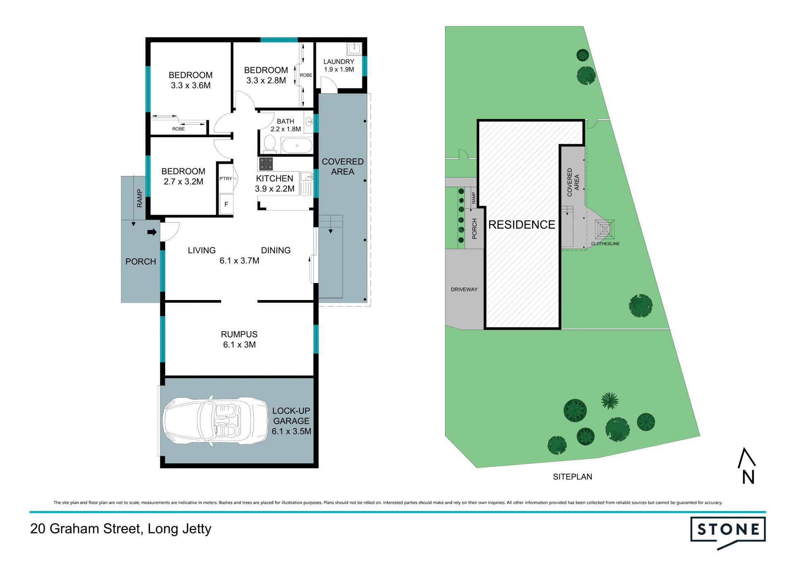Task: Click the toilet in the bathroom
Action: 270,144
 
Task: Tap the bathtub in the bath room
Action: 297,146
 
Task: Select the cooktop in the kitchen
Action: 266,164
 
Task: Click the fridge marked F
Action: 226,204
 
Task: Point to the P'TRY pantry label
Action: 226,179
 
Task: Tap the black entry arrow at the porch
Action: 152,232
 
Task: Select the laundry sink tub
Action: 355,49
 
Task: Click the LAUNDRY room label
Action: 339,62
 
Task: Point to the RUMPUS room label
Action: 239,334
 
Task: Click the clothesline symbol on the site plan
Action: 605,229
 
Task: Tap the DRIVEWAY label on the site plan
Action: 464,289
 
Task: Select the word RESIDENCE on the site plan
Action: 522,225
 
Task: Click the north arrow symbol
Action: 747,465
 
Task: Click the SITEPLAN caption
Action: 573,477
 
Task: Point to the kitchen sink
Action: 307,183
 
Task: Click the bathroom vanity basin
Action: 309,122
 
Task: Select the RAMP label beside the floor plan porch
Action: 140,198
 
